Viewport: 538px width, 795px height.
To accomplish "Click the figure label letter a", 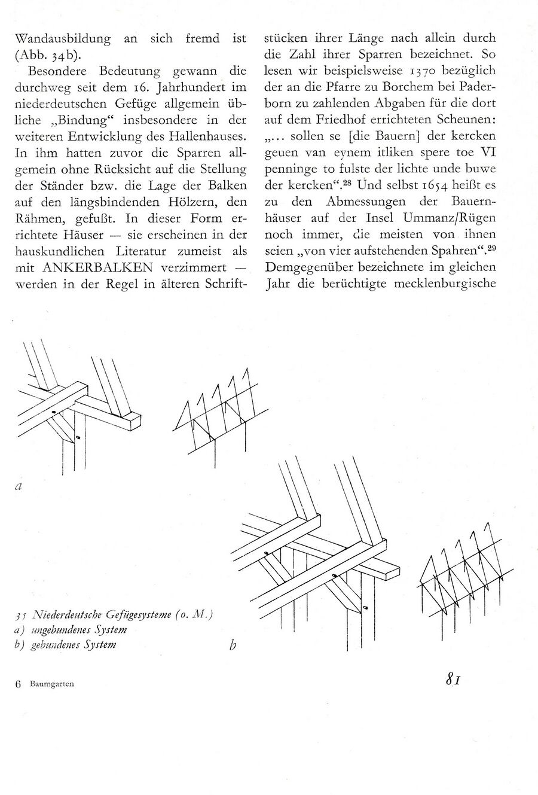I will click(18, 486).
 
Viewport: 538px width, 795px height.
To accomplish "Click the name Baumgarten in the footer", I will click(52, 684).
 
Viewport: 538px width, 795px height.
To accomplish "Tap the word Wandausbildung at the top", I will click(63, 39).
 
